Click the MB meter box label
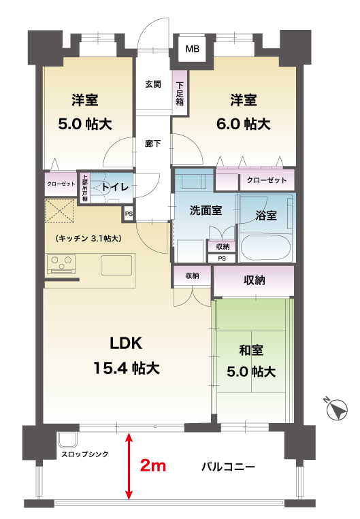pos(193,49)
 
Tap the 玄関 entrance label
pos(153,85)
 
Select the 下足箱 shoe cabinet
pos(180,93)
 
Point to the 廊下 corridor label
pos(153,144)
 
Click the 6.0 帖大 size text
pos(244,124)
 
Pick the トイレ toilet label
pos(115,187)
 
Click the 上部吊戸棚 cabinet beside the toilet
pos(85,188)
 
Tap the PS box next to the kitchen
pos(129,214)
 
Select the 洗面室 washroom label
pos(206,210)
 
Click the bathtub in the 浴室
pos(265,247)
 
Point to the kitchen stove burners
pos(61,263)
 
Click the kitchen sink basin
pos(116,265)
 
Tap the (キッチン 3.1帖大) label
pos(88,238)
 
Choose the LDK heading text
pos(126,344)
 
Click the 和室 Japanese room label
pos(251,350)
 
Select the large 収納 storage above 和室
pos(254,281)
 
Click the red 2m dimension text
pos(153,466)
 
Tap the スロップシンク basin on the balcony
pos(68,440)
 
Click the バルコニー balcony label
pos(229,467)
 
